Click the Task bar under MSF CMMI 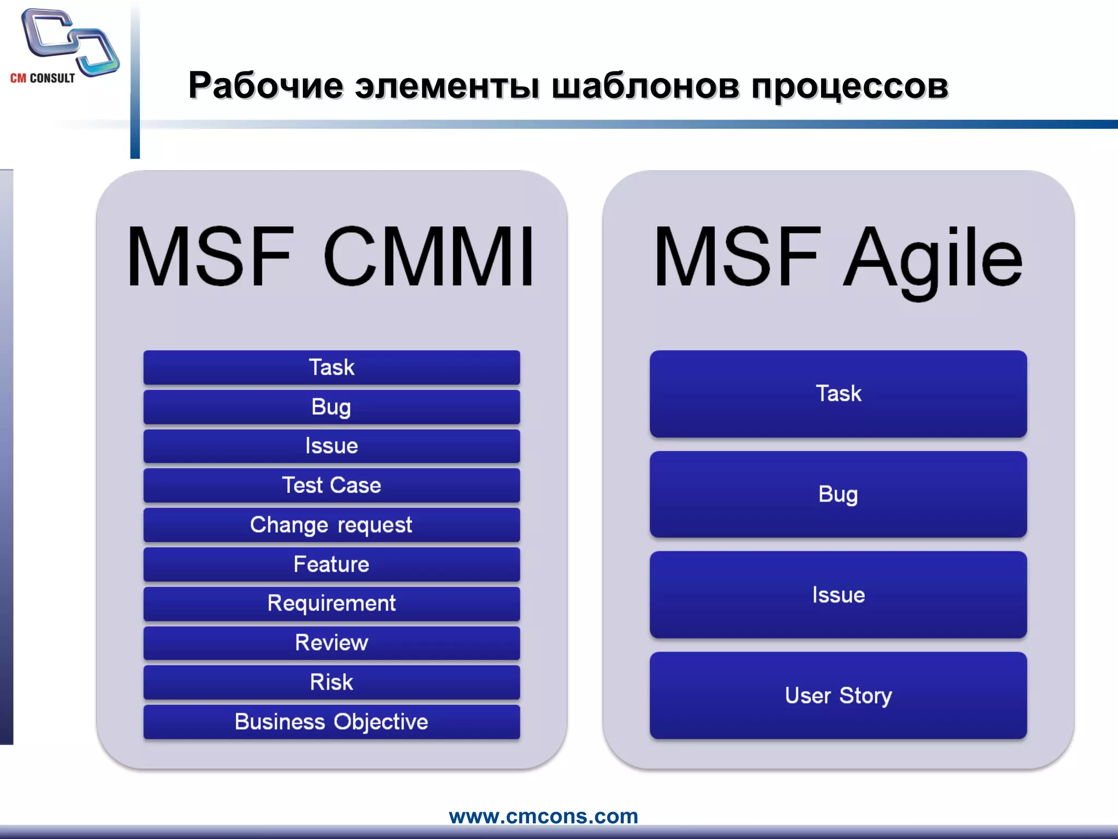point(331,368)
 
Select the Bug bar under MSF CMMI point(331,407)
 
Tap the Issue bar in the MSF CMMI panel point(331,446)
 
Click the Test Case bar point(331,486)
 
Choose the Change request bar point(331,525)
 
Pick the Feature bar point(331,564)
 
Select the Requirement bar point(331,604)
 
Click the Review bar point(331,643)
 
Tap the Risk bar point(331,682)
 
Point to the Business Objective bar point(331,722)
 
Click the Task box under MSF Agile point(838,394)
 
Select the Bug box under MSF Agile point(838,494)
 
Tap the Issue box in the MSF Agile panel point(838,595)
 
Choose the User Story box point(838,695)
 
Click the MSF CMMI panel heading point(330,257)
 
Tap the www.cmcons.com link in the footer point(543,816)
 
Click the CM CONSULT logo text point(43,78)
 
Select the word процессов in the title point(849,86)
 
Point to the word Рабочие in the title point(266,86)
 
